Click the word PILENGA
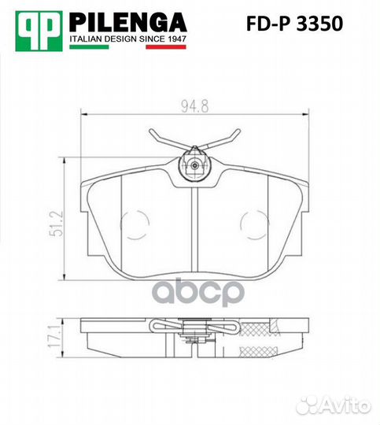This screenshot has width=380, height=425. pyautogui.click(x=128, y=22)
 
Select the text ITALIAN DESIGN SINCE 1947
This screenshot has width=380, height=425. pyautogui.click(x=128, y=39)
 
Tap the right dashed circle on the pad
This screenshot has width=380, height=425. pyautogui.click(x=251, y=225)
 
